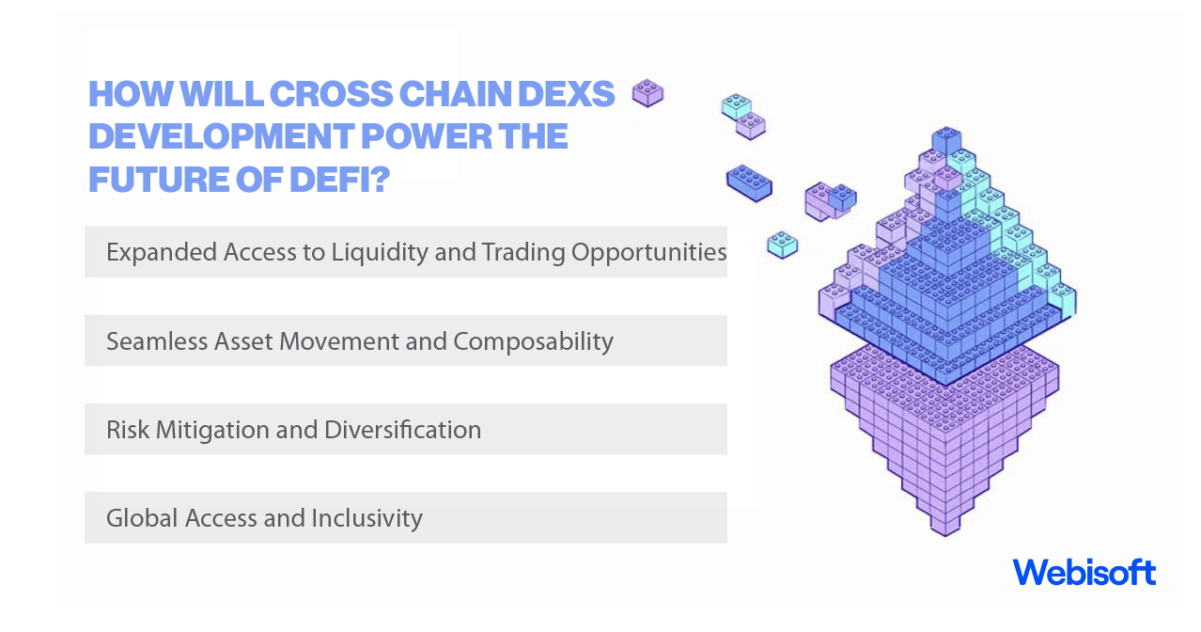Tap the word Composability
tap(533, 340)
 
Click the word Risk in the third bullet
tap(128, 430)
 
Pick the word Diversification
tap(402, 430)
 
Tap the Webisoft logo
tap(1084, 572)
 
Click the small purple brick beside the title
tap(647, 93)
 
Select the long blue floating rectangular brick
tap(749, 182)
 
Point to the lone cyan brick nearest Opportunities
tap(782, 244)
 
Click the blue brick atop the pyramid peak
tap(945, 140)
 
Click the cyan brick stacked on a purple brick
tap(736, 105)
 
